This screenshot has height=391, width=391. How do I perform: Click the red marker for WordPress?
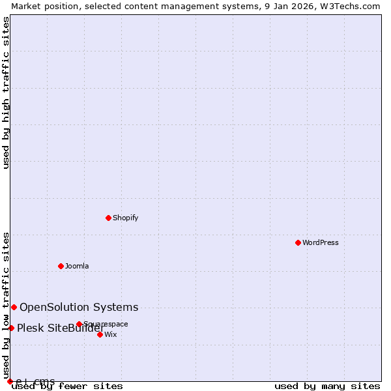tap(298, 242)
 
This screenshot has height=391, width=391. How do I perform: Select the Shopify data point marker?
tap(108, 218)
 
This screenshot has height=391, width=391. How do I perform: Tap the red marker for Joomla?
tap(61, 266)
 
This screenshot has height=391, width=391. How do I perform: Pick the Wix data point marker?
tap(100, 334)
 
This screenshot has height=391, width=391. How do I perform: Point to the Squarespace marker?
tap(79, 324)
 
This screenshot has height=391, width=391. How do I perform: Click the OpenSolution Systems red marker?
tap(14, 307)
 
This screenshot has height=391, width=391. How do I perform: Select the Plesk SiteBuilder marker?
tap(11, 328)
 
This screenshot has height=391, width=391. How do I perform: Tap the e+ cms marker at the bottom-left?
tap(10, 381)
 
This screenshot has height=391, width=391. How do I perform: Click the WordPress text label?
tap(321, 242)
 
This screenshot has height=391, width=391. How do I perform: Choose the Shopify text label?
tap(125, 218)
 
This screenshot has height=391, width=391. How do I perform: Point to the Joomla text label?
tap(77, 266)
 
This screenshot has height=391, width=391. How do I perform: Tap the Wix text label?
tap(111, 334)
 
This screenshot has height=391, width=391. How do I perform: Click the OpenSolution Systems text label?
tap(79, 307)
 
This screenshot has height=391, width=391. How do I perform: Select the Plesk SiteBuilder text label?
tap(61, 328)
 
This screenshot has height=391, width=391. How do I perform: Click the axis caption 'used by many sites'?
tap(327, 386)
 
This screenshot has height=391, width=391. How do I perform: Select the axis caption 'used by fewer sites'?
tap(68, 386)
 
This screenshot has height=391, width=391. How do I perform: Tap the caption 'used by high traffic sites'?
tap(6, 93)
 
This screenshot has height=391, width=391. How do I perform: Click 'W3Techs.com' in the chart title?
tap(352, 6)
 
